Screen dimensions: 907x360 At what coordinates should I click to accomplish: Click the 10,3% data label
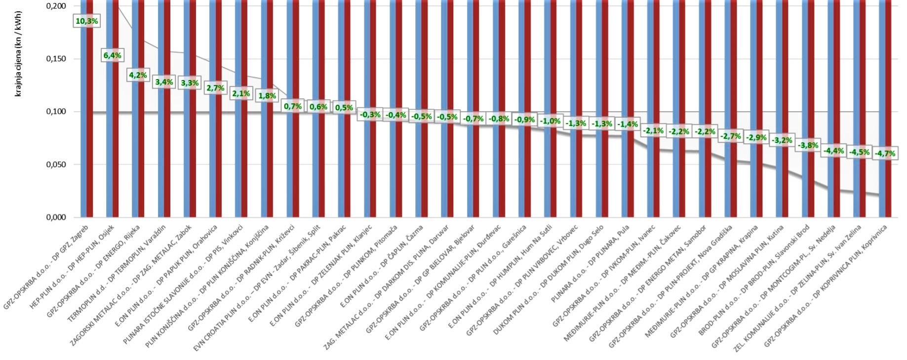(86, 21)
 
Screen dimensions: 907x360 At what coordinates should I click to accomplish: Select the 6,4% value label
(113, 55)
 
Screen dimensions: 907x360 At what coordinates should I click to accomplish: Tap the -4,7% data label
(885, 154)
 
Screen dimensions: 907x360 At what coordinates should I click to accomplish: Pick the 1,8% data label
(267, 96)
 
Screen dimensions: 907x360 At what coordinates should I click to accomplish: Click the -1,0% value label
(550, 121)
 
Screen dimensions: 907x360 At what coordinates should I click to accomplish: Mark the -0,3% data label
(370, 115)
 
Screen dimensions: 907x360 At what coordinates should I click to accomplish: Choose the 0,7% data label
(293, 106)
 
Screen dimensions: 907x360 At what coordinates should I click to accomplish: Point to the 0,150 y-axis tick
(56, 59)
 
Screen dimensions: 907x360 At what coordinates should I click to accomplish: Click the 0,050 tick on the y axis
(56, 164)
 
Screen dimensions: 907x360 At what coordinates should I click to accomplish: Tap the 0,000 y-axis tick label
(56, 217)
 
